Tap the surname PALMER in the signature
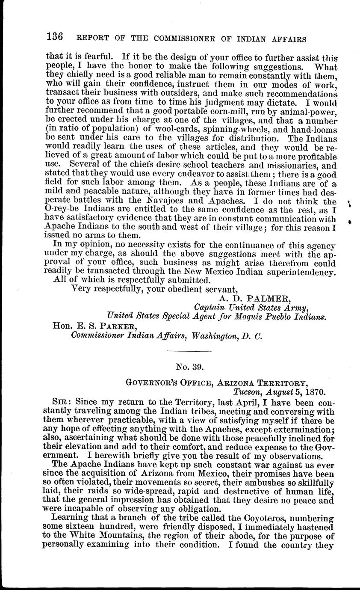coord(257,298)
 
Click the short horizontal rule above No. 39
coord(189,352)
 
